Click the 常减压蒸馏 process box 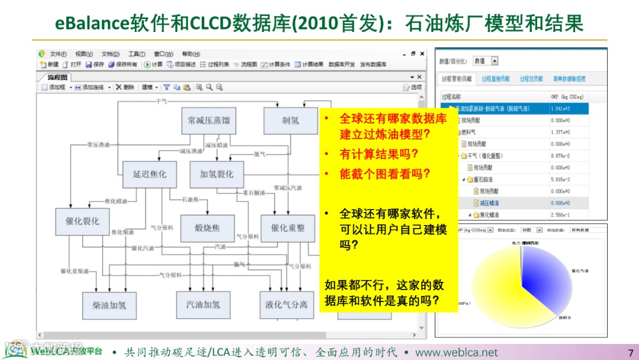[209, 121]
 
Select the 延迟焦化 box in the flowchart [150, 175]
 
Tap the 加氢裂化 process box [217, 175]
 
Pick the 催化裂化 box [82, 222]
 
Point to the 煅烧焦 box [208, 228]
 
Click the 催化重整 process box [288, 228]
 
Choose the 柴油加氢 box [109, 306]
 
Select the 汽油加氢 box [203, 305]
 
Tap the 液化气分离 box [286, 306]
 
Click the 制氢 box [291, 121]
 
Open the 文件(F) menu [58, 54]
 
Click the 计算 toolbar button [153, 65]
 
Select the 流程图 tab [58, 78]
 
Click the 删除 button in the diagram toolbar [125, 87]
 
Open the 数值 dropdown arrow [495, 61]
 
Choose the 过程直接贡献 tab [495, 79]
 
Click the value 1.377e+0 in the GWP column [559, 132]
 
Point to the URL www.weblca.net [456, 352]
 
